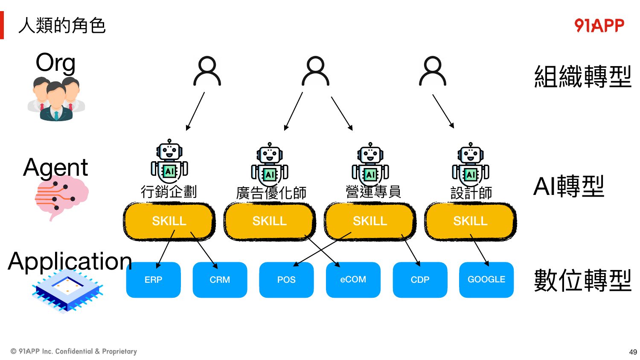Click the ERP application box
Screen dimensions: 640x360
(154, 280)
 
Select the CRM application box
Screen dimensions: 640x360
(220, 280)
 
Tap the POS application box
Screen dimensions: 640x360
(286, 280)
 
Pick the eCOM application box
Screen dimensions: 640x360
(353, 280)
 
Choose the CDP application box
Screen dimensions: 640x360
(420, 280)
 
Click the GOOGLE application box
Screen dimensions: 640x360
(486, 280)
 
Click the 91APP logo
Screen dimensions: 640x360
(599, 26)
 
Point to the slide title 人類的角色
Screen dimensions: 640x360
(62, 26)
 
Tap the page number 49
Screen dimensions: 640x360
(633, 352)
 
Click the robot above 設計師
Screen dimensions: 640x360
(471, 164)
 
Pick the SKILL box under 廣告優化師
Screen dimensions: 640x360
(269, 221)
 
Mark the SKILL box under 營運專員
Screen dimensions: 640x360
(370, 221)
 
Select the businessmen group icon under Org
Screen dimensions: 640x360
(56, 99)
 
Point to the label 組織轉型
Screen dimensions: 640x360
(582, 76)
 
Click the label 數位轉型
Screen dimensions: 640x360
(582, 280)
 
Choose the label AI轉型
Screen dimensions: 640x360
(569, 186)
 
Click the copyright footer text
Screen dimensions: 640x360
(74, 351)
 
